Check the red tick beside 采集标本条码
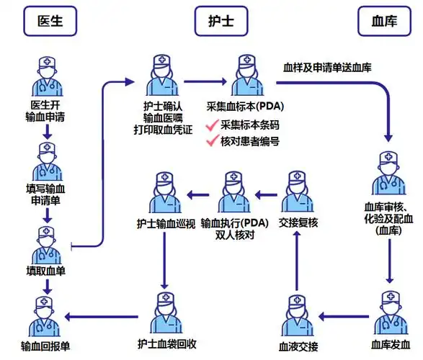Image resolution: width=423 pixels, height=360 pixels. [x=212, y=125]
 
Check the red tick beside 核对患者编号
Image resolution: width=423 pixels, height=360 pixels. [x=212, y=141]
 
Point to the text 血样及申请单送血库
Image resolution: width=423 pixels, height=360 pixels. [x=337, y=67]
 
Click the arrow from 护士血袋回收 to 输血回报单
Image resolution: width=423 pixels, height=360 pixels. [x=104, y=315]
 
